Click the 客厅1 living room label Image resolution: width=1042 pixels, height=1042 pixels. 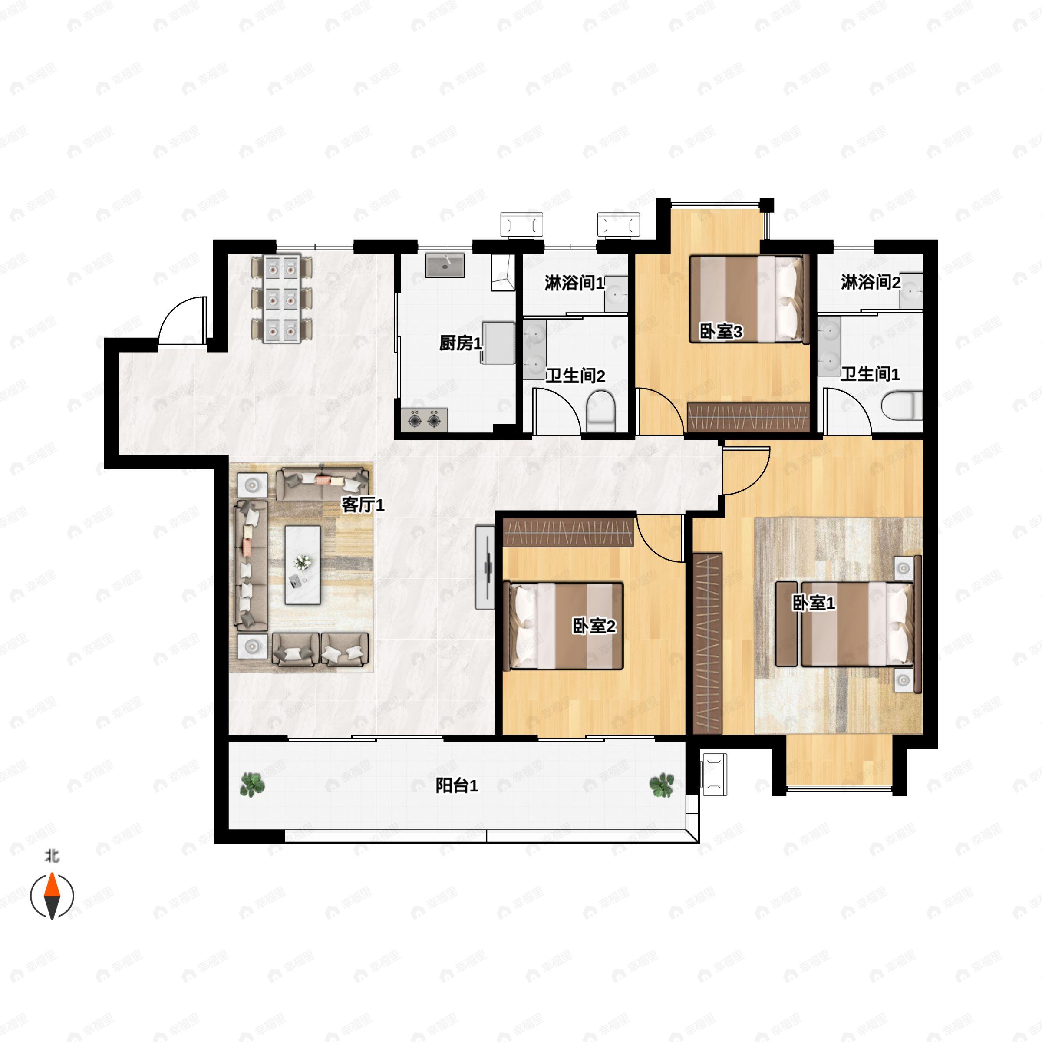pos(363,505)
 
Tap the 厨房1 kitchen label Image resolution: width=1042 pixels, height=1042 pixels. pos(461,343)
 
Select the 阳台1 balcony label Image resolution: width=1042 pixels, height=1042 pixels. pos(457,786)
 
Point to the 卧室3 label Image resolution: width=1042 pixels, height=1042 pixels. pos(721,331)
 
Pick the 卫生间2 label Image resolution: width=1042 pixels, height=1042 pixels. pos(575,376)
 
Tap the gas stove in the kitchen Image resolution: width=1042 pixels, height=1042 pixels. pos(425,419)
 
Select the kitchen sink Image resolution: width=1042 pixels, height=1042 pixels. pos(445,265)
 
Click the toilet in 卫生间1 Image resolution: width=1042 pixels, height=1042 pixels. pos(902,406)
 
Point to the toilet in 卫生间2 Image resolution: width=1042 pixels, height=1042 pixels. pos(600,412)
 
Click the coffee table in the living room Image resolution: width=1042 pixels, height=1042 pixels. pos(303,565)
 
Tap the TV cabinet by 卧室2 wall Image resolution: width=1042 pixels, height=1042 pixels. pos(485,567)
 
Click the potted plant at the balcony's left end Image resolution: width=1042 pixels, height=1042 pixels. pos(252,784)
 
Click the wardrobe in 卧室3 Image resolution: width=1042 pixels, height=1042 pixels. pos(749,417)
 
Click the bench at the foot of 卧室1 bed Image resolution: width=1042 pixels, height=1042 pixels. pos(786,623)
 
